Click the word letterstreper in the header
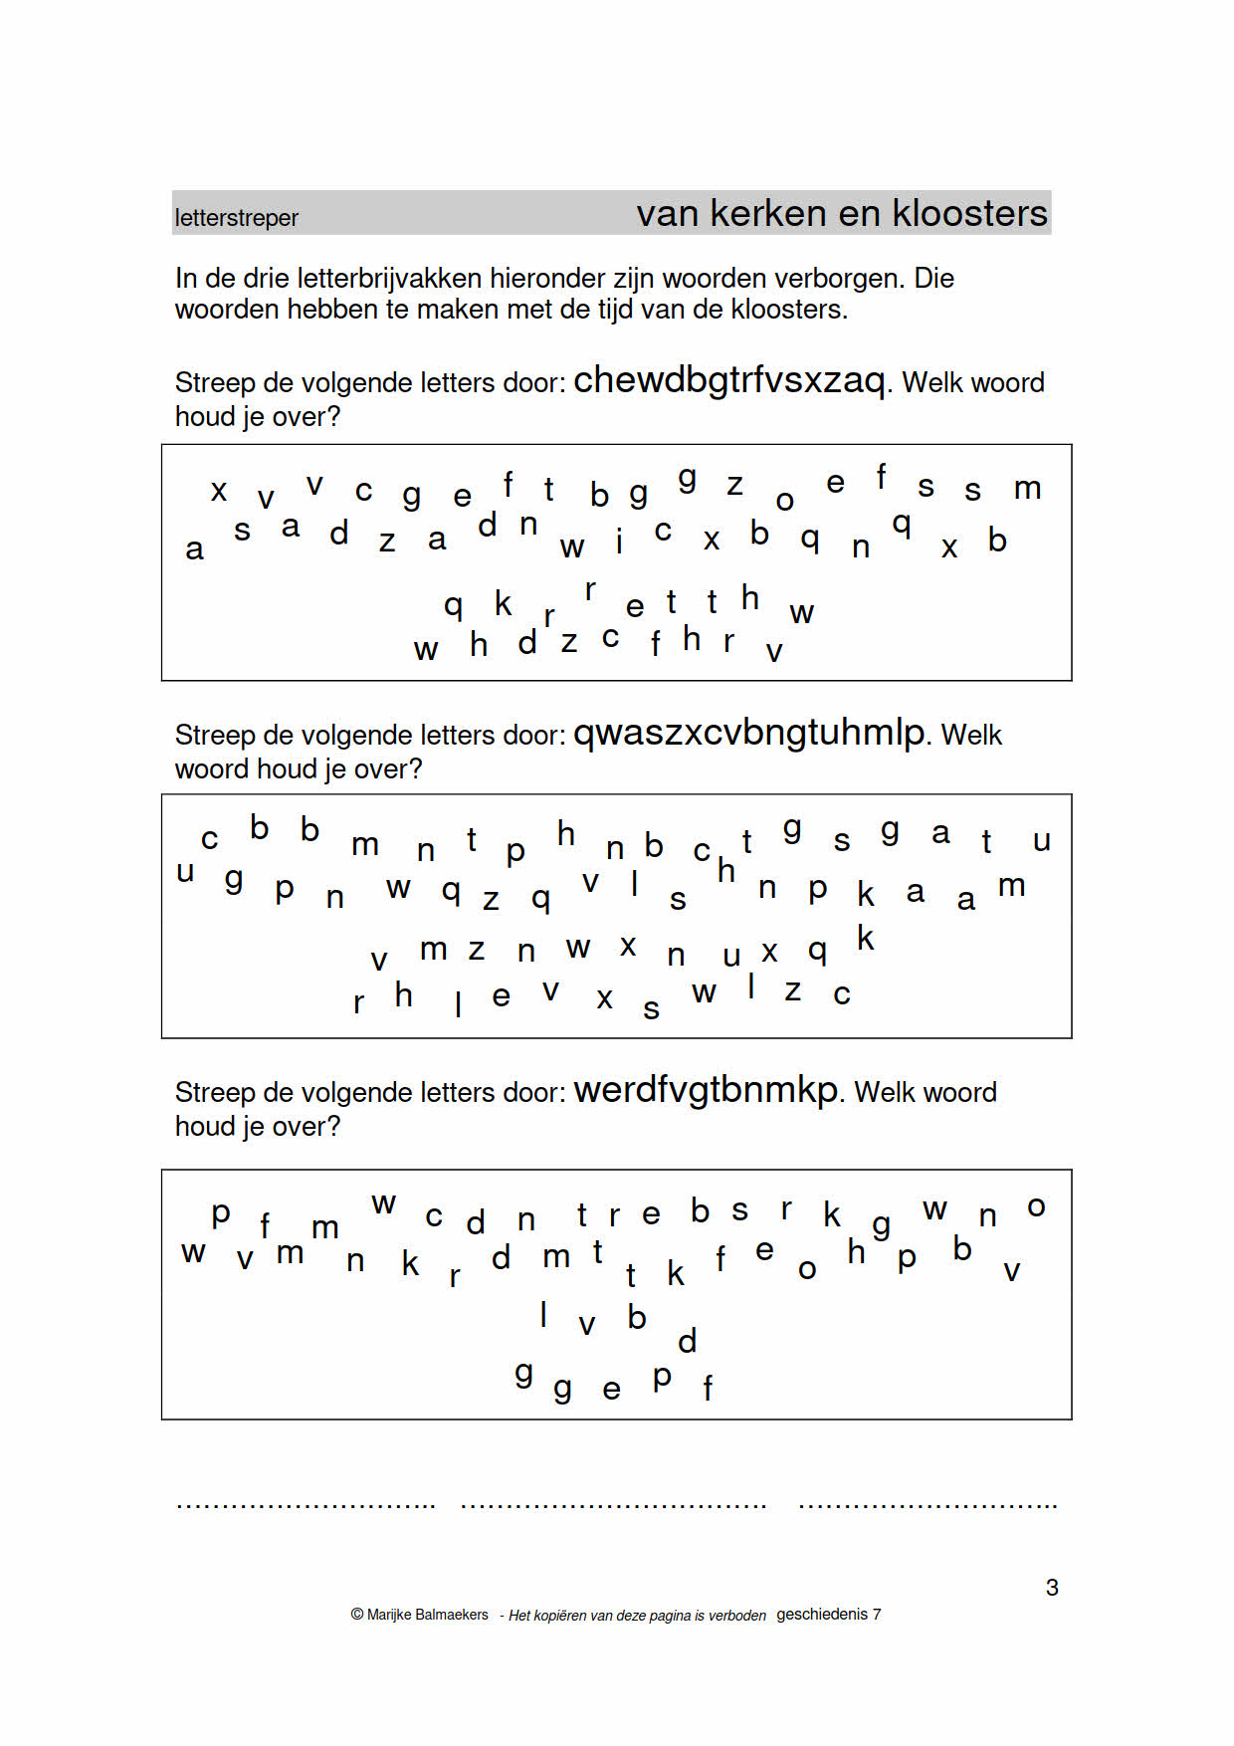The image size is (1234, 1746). [236, 218]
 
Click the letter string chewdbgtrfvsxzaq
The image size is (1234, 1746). [728, 380]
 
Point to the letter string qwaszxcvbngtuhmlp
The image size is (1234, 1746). [748, 733]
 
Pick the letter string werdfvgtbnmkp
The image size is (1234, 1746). [705, 1090]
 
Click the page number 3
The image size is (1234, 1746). [1052, 1587]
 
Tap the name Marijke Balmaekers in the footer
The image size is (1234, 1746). [427, 1615]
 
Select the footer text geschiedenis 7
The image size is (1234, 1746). [828, 1614]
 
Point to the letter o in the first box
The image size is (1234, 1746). [784, 501]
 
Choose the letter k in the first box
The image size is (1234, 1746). [503, 603]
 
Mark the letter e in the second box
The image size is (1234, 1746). [501, 996]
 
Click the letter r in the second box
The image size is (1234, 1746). [358, 1002]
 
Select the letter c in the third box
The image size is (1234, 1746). [433, 1215]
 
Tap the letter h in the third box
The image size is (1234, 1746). [856, 1251]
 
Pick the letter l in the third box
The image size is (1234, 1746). [543, 1315]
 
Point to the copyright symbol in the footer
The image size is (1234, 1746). [357, 1615]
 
